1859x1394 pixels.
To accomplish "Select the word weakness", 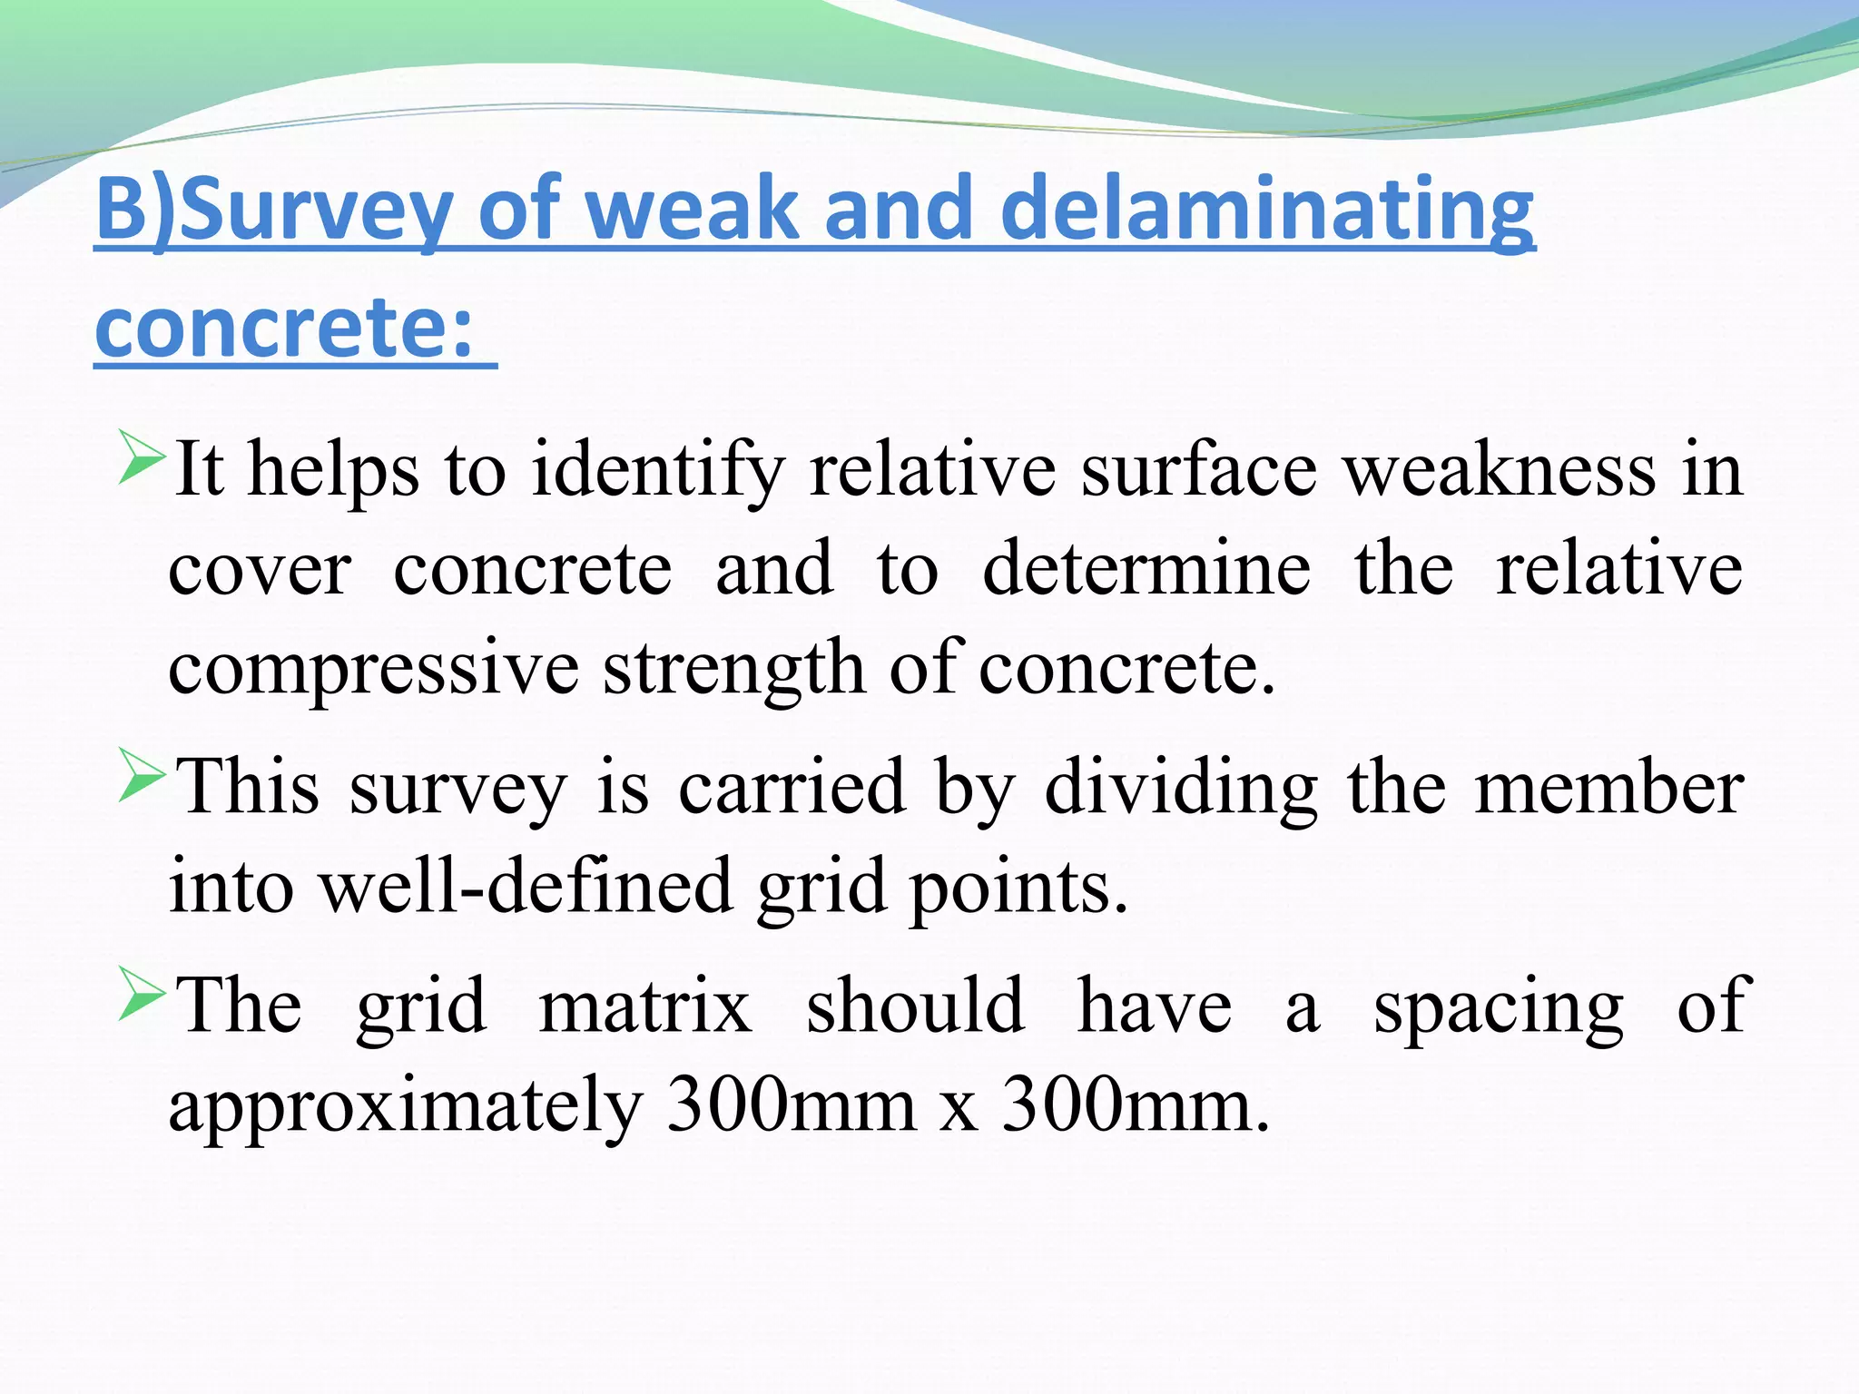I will click(1500, 469).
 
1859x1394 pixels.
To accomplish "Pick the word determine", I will click(1146, 568).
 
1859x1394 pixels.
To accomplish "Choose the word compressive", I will click(373, 670).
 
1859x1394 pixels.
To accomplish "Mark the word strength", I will click(735, 670).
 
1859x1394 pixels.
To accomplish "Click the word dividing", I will click(1181, 787).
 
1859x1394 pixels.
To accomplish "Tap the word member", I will click(1608, 787).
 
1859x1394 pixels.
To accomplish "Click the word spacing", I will click(1498, 1007).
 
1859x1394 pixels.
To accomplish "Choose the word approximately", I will click(406, 1106).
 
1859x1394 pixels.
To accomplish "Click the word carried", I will click(792, 787).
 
